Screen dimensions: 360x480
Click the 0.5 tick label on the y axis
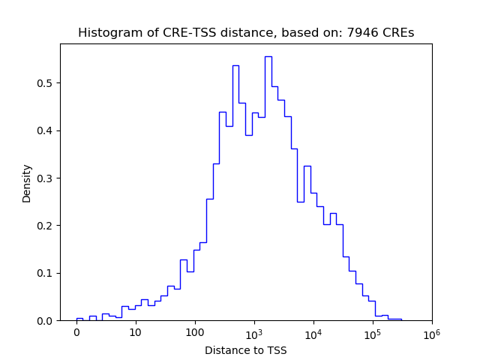point(46,83)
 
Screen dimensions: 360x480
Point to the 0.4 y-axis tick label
point(46,130)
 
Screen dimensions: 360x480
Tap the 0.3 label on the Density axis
point(46,178)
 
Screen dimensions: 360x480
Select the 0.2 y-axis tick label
point(46,226)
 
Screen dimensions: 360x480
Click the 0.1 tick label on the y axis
point(46,273)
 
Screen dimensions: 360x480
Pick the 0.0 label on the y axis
point(46,320)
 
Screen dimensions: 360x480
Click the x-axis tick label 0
point(76,332)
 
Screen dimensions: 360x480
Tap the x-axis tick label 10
point(136,332)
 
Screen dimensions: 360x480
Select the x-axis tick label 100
point(195,332)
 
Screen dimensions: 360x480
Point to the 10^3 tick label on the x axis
point(253,331)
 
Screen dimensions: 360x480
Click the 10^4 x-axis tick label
point(313,331)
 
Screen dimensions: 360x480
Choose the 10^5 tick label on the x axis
point(372,331)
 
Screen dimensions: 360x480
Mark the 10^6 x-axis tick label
point(431,331)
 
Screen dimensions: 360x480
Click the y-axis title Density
point(27,183)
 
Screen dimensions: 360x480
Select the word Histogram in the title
point(106,33)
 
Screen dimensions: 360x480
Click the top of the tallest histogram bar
point(268,56)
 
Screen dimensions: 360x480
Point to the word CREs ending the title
point(398,33)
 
